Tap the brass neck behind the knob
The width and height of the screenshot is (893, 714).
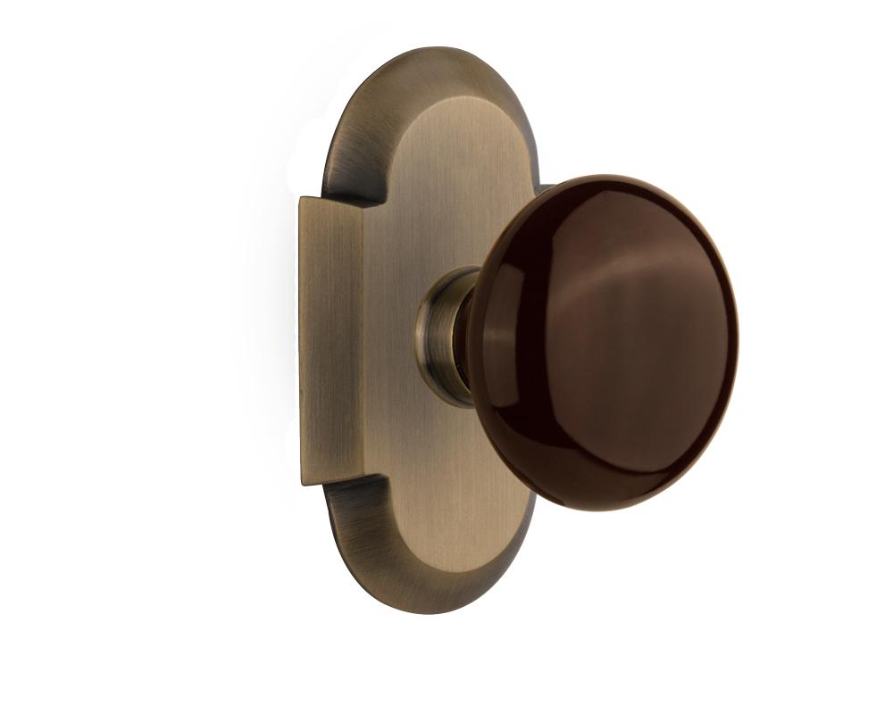446,335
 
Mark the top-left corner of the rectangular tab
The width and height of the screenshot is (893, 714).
301,198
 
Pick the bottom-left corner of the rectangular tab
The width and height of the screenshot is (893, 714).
303,484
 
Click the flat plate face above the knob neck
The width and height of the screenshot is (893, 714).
446,178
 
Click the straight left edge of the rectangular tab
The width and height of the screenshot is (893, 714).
301,339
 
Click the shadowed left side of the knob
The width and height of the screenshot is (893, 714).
500,357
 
